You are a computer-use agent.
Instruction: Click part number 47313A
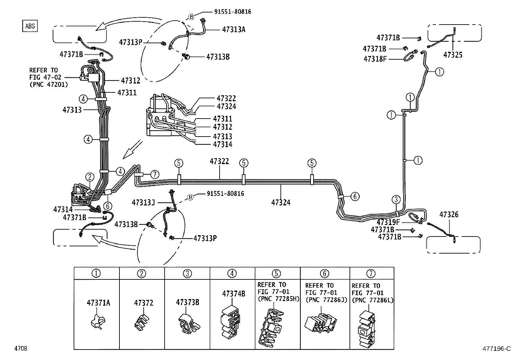[x=233, y=29]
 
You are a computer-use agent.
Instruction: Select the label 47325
[x=453, y=55]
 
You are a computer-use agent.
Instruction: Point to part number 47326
[x=449, y=215]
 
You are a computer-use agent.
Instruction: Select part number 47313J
[x=143, y=202]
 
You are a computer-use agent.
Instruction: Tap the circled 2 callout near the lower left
[x=90, y=177]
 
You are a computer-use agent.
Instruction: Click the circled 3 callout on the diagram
[x=396, y=199]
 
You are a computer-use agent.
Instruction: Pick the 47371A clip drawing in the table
[x=97, y=321]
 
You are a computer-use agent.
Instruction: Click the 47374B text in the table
[x=233, y=294]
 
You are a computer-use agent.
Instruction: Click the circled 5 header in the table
[x=277, y=273]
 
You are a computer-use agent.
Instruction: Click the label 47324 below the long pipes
[x=280, y=202]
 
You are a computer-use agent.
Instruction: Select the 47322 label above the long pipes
[x=219, y=161]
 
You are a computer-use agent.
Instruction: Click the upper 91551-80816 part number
[x=233, y=12]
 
